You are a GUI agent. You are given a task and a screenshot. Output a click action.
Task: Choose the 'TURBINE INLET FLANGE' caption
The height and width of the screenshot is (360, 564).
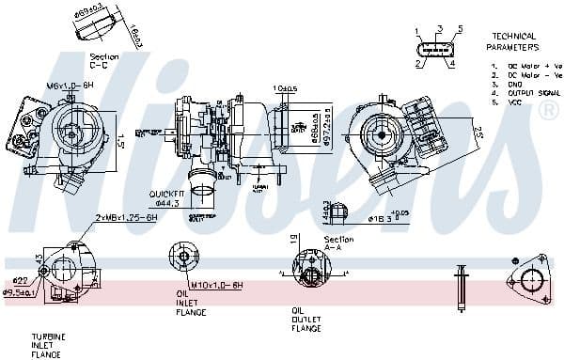pos(46,345)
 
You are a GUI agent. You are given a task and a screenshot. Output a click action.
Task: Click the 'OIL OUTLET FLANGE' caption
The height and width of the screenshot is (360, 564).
pos(305,319)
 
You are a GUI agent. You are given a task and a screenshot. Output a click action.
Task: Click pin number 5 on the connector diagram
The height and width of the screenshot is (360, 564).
pos(461,29)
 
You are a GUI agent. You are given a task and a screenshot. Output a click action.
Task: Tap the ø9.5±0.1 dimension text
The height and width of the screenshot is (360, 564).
pos(20,292)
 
